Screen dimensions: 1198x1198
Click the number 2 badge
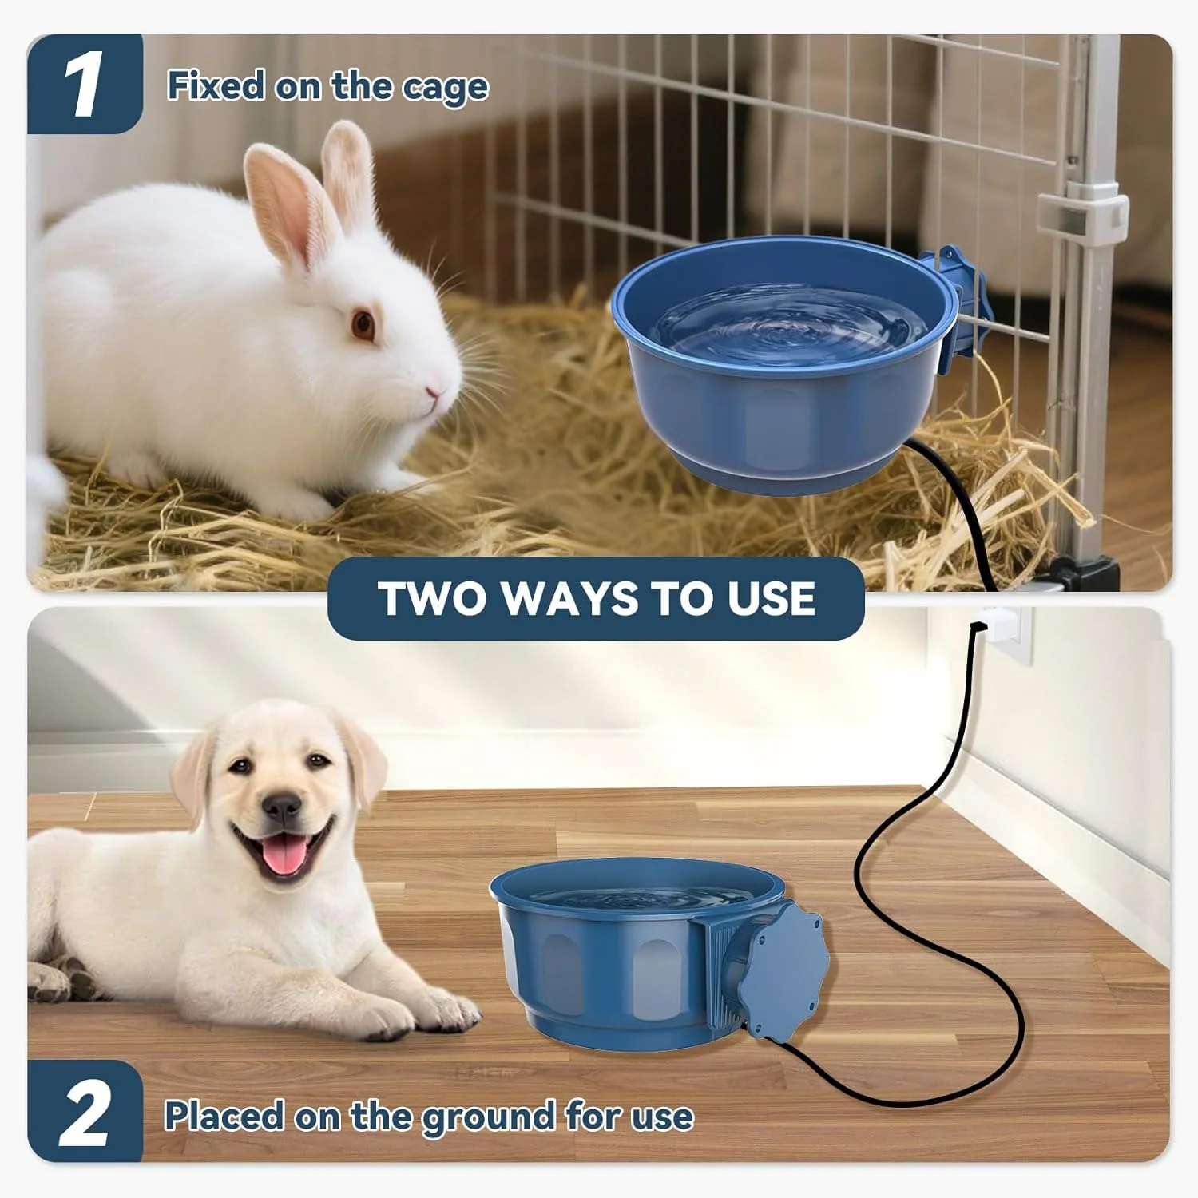pos(83,1113)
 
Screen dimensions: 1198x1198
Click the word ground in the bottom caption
pos(488,1117)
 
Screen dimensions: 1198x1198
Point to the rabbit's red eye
pos(363,324)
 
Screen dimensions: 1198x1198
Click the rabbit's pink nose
pos(432,391)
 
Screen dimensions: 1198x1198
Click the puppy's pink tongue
pos(280,859)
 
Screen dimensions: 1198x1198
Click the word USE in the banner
pos(770,598)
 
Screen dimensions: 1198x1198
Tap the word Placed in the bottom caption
pos(224,1116)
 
